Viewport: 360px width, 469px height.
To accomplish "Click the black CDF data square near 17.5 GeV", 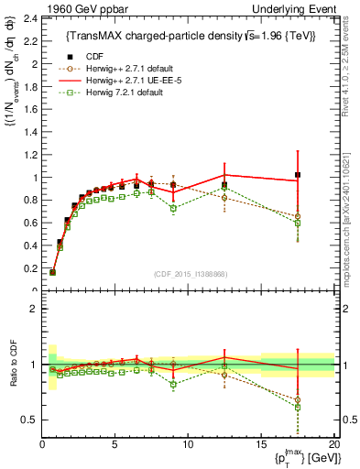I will click(297, 175).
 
